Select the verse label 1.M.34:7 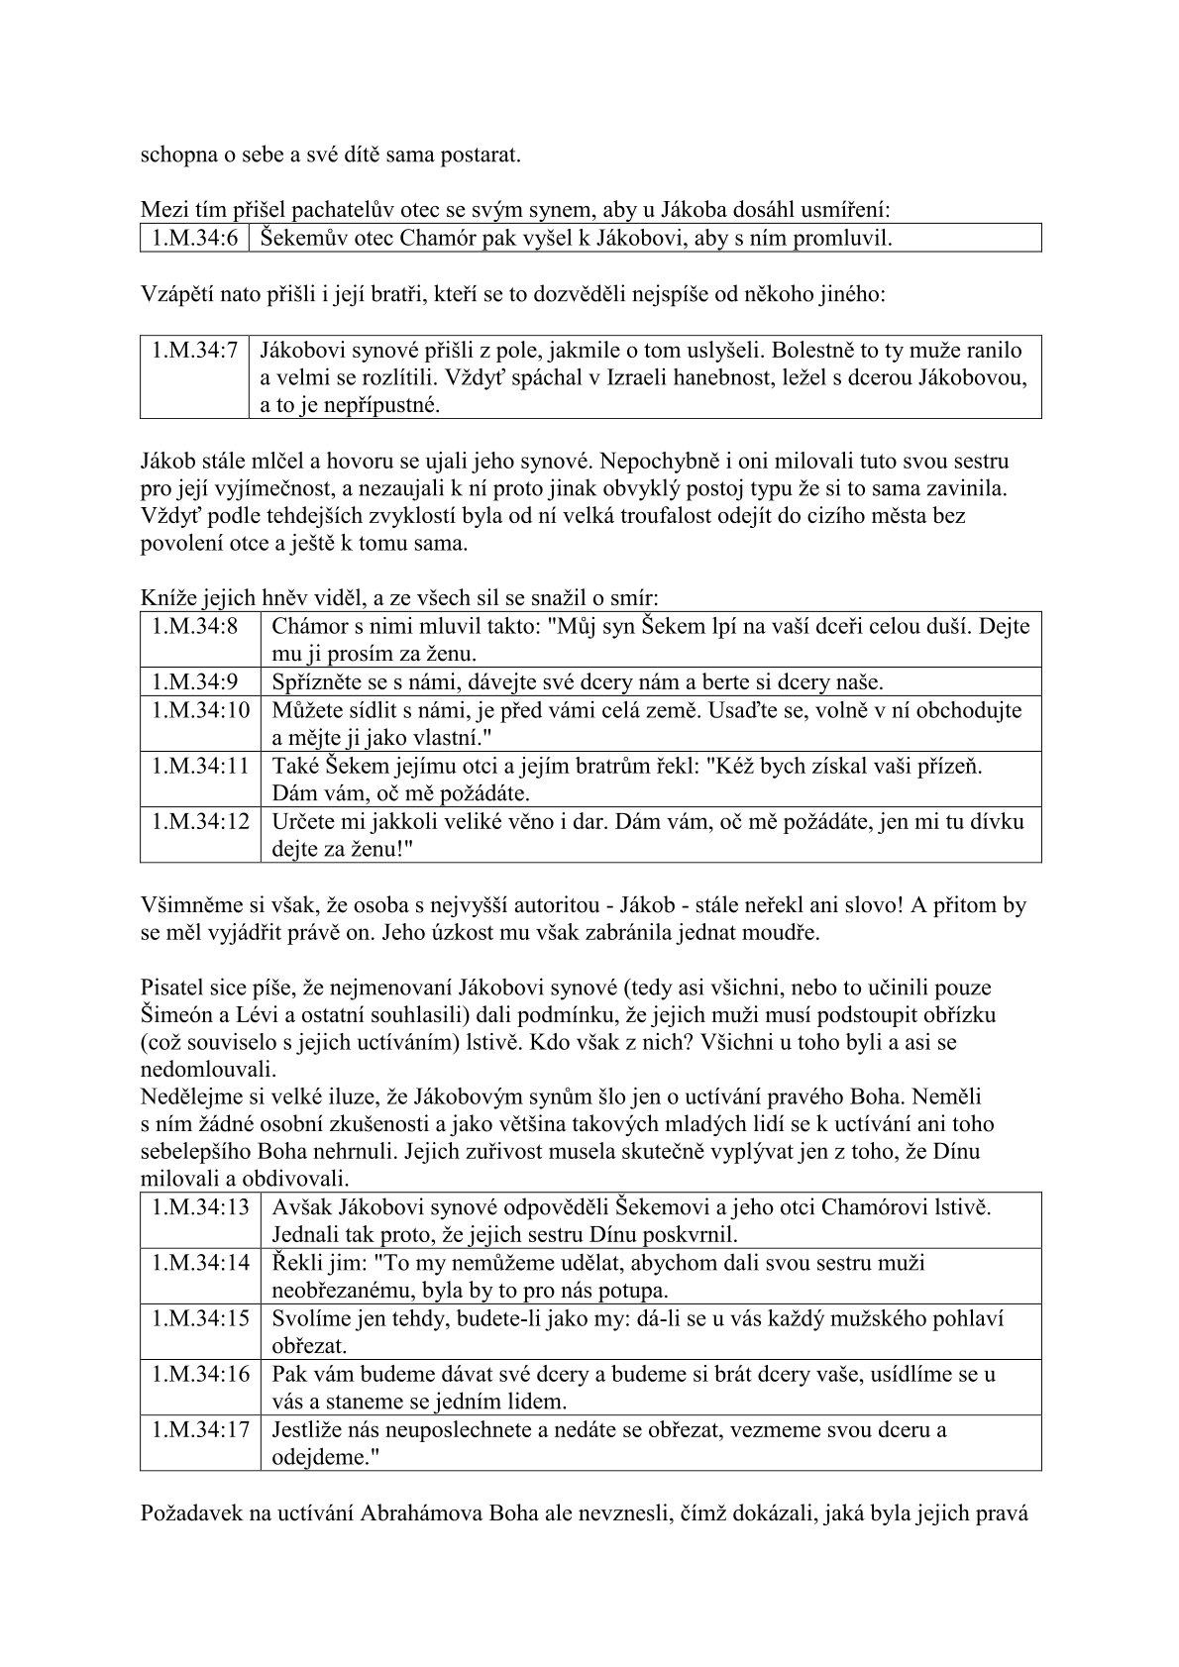coord(194,350)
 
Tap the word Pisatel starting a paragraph coord(170,987)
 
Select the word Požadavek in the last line coord(189,1512)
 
